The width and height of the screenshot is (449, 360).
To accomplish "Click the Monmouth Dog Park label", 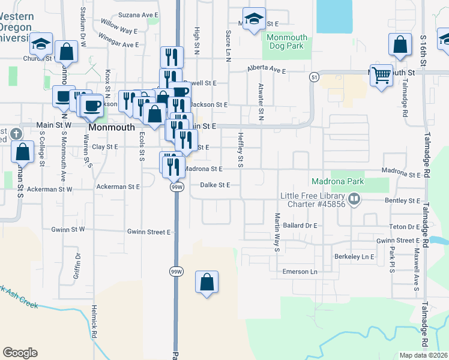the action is [286, 42].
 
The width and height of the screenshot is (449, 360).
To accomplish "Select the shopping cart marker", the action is [381, 76].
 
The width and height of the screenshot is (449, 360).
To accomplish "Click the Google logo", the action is [20, 352].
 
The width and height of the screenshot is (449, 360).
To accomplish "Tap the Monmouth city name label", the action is [111, 128].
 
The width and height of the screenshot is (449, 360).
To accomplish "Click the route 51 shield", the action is [314, 77].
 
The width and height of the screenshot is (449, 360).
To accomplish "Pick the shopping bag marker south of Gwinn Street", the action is [206, 283].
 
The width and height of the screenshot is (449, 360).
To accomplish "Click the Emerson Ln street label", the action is [300, 272].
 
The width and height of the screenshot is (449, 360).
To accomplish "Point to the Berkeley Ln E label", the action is [354, 256].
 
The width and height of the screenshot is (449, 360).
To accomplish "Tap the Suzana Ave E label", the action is [138, 14].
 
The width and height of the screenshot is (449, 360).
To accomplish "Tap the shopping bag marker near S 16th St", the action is [400, 45].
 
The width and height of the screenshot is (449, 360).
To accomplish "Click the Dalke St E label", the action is [215, 185].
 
